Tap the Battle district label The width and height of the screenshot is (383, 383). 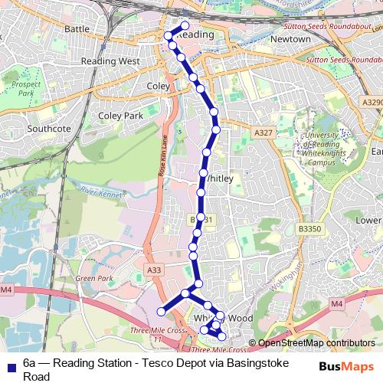tap(77, 28)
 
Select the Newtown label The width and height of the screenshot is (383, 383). tap(290, 38)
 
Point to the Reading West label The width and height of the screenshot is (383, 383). tap(111, 61)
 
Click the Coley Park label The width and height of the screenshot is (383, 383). tap(121, 116)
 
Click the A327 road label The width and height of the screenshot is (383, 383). tap(264, 133)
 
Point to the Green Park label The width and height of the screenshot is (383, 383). tap(94, 278)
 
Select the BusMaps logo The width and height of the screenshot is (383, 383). tap(347, 366)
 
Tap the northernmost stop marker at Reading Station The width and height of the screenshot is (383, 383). tap(185, 25)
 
